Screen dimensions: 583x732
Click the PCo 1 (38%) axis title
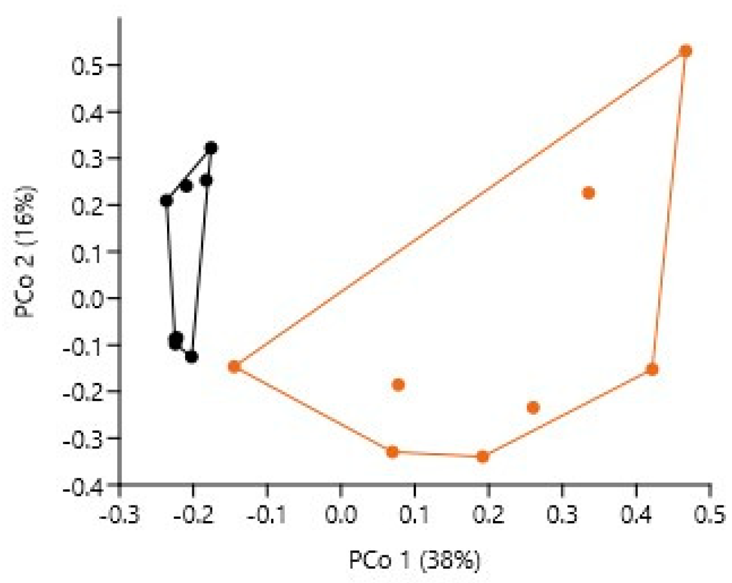coord(415,561)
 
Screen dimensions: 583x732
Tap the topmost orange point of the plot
coord(685,51)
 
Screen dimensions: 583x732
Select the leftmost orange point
coord(234,367)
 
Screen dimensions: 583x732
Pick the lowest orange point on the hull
coord(482,457)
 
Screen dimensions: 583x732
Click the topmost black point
coord(211,148)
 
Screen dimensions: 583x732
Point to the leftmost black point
coord(166,201)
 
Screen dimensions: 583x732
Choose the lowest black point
coord(192,356)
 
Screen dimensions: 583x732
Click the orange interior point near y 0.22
coord(588,193)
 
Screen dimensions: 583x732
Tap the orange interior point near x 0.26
coord(532,407)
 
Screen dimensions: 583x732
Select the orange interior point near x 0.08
coord(398,385)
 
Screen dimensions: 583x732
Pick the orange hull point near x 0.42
coord(652,369)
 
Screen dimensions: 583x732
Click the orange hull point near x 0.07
coord(392,451)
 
